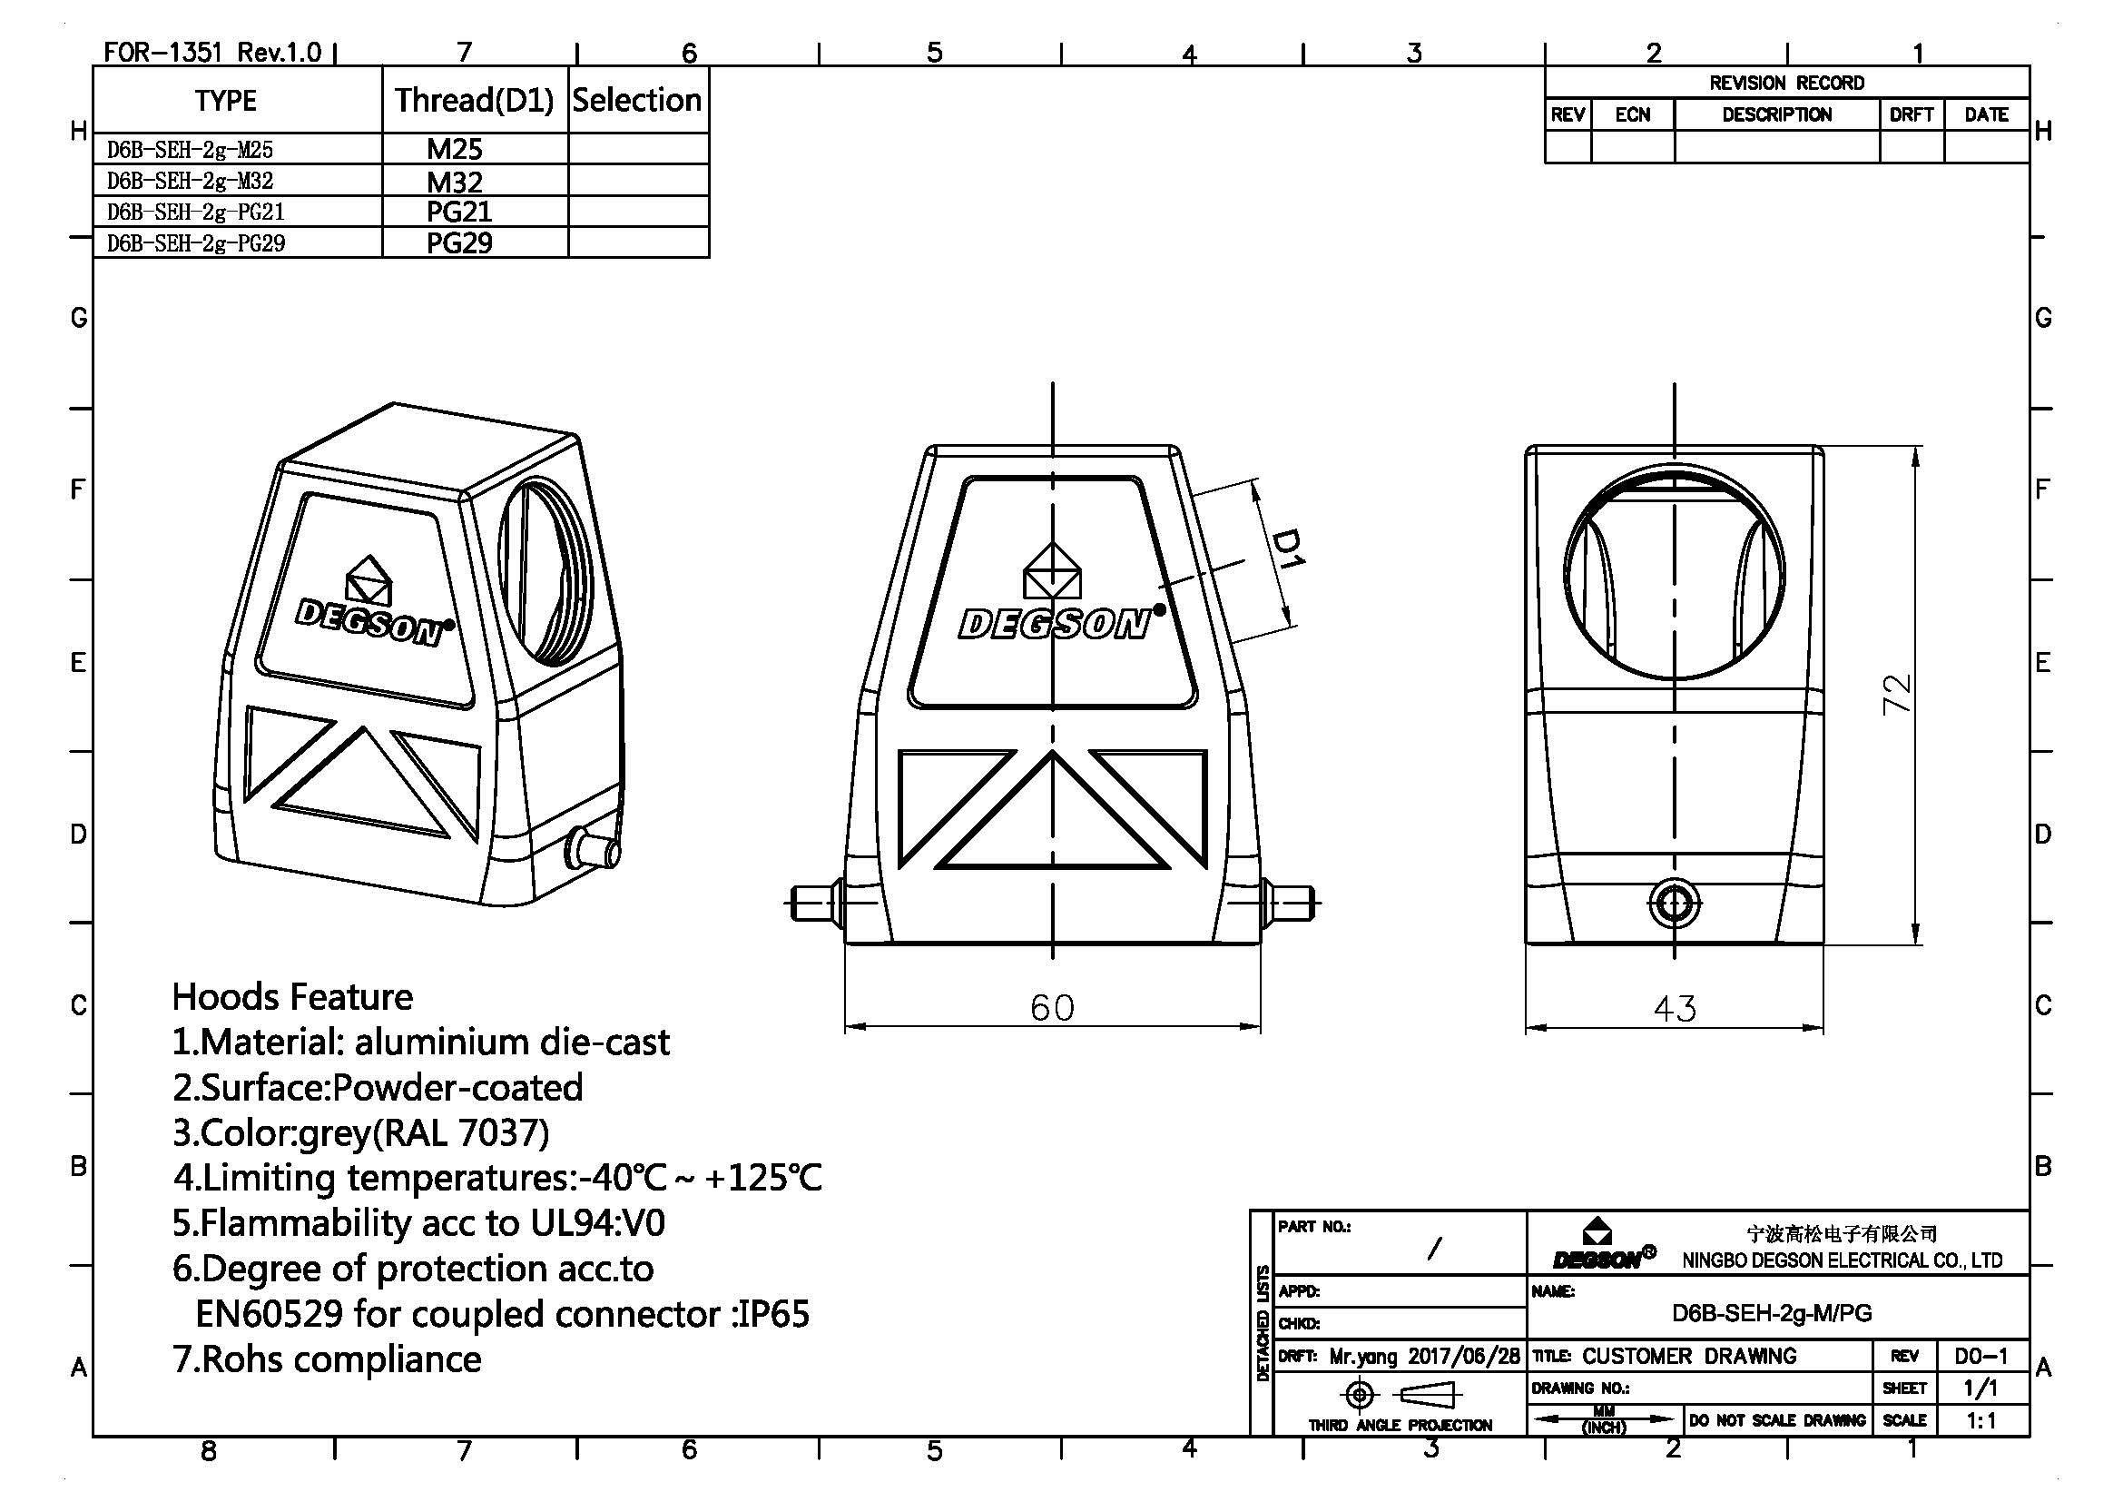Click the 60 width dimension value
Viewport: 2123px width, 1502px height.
1051,1007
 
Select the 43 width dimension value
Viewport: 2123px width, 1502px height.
1674,1008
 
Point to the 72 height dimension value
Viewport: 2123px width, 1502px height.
1894,693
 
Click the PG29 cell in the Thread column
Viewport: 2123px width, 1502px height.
458,243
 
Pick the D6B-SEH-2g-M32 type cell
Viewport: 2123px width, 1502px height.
191,181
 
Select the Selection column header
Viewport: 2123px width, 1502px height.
637,100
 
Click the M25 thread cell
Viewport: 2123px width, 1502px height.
454,149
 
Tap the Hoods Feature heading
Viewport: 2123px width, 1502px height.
292,997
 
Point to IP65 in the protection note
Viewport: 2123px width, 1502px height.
772,1314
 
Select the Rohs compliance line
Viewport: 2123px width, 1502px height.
328,1359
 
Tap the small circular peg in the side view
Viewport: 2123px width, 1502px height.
1674,903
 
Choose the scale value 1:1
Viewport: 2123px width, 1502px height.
1980,1420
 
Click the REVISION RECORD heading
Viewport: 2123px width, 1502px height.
1785,84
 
